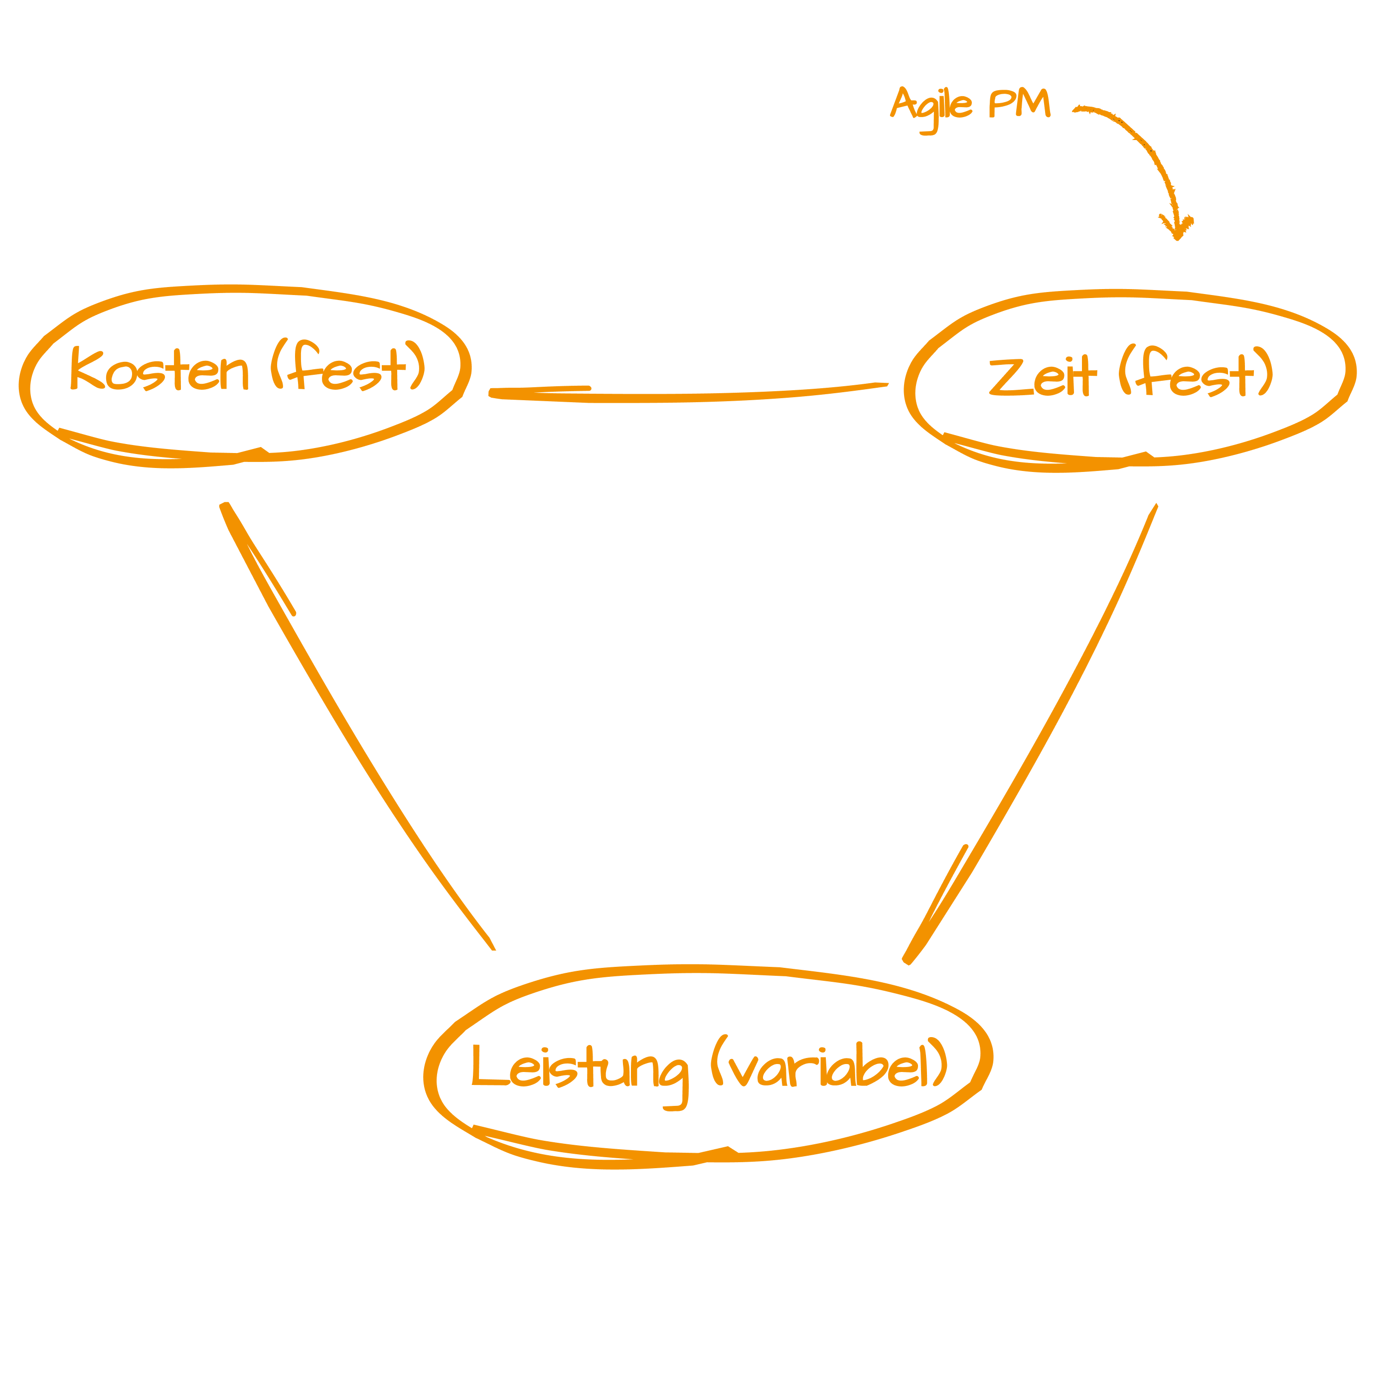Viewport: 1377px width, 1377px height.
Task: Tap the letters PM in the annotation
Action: click(1019, 105)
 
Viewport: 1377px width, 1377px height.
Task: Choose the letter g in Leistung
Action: click(671, 1077)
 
